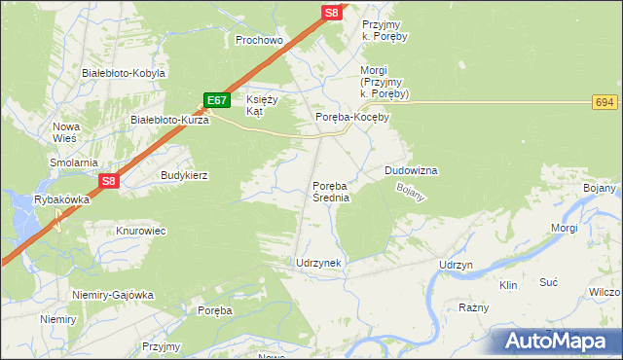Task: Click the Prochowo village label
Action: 259,41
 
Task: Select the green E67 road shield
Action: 217,100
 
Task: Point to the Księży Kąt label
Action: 262,106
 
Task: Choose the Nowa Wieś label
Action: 66,132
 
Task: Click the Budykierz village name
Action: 185,175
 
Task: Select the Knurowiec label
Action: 143,232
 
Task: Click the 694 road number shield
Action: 605,102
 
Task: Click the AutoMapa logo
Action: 559,341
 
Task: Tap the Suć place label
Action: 548,281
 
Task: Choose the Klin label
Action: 507,286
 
